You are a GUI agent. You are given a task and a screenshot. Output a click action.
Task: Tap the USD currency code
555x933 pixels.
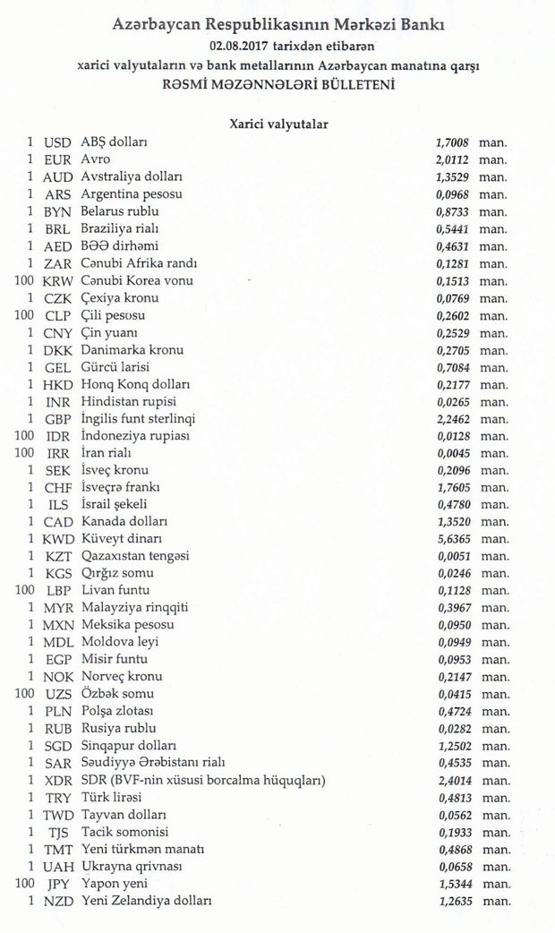pos(57,142)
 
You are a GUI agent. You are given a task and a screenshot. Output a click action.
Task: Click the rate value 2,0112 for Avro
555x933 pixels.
pos(450,159)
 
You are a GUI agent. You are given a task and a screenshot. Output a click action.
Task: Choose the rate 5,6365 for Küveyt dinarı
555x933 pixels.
pos(450,539)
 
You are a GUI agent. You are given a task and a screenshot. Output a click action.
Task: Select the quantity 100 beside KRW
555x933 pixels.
pos(23,280)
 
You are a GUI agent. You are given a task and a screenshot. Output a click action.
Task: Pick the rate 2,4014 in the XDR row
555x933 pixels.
pos(450,780)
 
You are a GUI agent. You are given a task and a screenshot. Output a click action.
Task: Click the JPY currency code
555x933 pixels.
pos(58,884)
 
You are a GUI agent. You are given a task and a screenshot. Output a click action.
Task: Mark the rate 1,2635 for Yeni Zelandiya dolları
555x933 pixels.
pos(450,902)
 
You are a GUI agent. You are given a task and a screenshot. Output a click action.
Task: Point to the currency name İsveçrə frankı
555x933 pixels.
pos(121,487)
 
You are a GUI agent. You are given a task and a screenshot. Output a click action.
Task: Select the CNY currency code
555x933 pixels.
pos(58,333)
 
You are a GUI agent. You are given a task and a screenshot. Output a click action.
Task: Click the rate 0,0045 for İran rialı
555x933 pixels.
pos(450,453)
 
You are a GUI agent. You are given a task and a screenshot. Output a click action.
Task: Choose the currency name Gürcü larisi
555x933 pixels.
pos(115,367)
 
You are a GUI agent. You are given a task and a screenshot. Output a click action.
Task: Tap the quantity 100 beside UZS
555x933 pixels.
pos(23,694)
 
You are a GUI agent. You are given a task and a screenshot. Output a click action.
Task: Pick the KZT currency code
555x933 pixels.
pos(58,556)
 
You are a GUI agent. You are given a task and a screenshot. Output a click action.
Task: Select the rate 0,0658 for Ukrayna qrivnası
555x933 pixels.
pos(450,867)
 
